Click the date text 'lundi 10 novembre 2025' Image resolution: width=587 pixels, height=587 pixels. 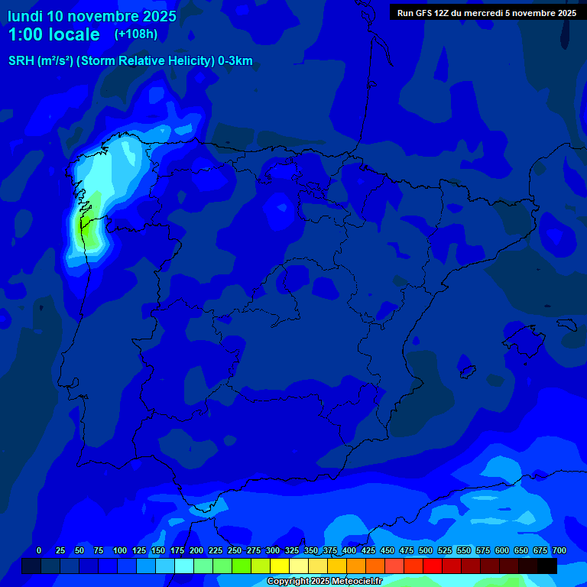tap(92, 16)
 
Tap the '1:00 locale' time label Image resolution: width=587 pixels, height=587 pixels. tap(54, 35)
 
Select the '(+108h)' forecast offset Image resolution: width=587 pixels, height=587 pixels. tap(136, 34)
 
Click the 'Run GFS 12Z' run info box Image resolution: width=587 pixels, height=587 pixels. tap(487, 13)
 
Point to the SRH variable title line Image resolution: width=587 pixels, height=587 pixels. tap(131, 61)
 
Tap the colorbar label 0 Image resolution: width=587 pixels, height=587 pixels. tap(39, 550)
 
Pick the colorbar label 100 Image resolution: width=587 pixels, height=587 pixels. tap(120, 550)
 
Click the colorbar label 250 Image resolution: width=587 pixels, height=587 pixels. tap(235, 550)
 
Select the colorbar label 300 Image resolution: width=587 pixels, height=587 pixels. tap(273, 550)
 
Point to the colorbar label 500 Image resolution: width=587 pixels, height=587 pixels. tap(426, 550)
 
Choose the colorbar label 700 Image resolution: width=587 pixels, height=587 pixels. tap(559, 550)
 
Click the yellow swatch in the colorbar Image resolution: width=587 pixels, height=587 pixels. tap(280, 566)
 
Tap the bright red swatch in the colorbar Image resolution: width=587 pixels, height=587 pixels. tap(433, 566)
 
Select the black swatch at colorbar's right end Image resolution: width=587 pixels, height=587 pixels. tap(547, 566)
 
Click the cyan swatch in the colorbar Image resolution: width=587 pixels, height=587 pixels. tap(184, 566)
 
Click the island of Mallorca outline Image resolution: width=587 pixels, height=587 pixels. tap(522, 337)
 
